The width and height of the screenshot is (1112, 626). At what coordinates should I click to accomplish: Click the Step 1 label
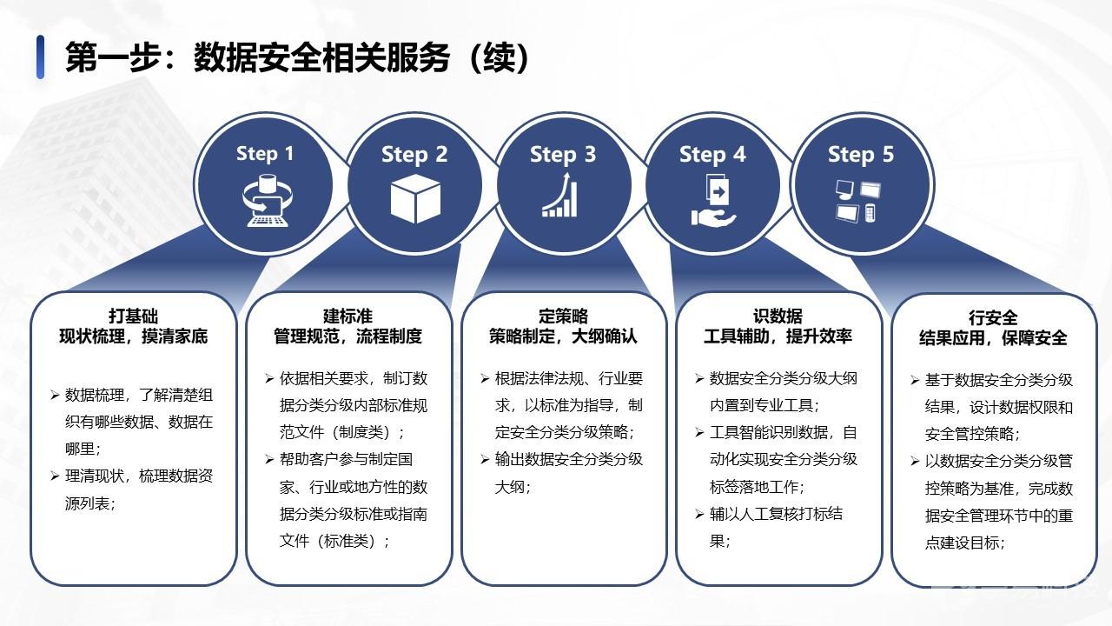(x=265, y=154)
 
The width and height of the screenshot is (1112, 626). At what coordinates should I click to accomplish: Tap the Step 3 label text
(x=563, y=155)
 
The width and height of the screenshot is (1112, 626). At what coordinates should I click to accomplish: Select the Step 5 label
(x=861, y=155)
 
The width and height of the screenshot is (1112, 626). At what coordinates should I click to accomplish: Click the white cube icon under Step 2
(x=415, y=199)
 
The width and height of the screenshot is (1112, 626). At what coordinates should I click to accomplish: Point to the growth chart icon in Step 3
(x=560, y=195)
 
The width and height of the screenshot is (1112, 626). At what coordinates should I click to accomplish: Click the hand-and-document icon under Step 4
(x=714, y=200)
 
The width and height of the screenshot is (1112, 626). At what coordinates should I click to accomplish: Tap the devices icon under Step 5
(x=857, y=201)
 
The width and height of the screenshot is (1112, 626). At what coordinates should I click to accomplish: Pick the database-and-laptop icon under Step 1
(x=267, y=201)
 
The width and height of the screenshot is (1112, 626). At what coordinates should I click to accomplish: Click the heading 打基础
(x=133, y=316)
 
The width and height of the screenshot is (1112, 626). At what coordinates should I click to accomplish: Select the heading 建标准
(x=347, y=316)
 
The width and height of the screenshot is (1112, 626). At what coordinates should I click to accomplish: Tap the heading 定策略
(x=563, y=316)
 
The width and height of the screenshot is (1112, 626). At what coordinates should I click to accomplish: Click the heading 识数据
(x=778, y=316)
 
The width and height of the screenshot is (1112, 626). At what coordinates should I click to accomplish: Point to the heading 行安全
(x=993, y=317)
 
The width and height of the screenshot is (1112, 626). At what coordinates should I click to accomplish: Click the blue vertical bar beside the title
(x=40, y=57)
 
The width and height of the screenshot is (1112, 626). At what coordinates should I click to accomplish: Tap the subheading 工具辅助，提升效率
(x=778, y=336)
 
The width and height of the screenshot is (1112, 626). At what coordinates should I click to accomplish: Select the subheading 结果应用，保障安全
(x=993, y=338)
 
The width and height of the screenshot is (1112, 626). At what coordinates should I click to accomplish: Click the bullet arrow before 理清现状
(x=55, y=476)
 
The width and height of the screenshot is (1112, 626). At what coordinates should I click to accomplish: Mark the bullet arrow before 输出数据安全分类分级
(x=485, y=460)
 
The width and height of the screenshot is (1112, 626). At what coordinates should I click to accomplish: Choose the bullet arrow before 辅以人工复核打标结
(x=699, y=514)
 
